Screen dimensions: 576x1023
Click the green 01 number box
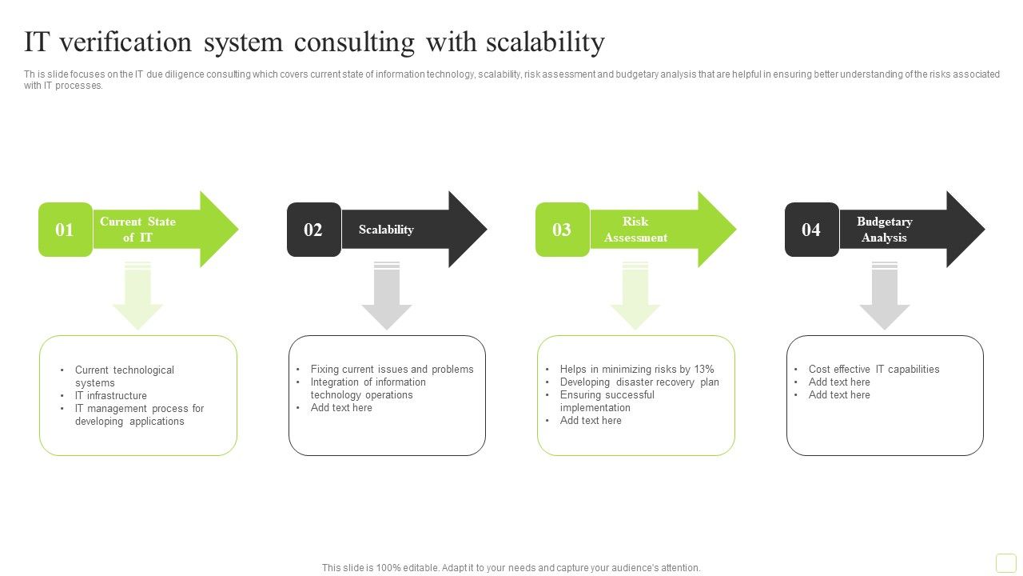(65, 230)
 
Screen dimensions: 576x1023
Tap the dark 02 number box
(313, 230)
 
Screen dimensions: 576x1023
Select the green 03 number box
(562, 230)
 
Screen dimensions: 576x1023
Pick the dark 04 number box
(811, 230)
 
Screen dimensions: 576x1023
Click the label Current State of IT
(137, 230)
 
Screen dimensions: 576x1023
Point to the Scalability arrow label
(386, 230)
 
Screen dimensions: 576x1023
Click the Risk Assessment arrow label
(635, 230)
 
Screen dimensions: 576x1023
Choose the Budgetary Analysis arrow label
(884, 230)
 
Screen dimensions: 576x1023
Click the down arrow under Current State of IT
(137, 298)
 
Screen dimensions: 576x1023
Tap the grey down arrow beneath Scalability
(387, 298)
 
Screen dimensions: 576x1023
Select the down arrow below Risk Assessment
(635, 298)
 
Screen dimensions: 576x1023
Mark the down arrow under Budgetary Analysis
(885, 298)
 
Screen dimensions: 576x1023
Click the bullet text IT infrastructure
(111, 396)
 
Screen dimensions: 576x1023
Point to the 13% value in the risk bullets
(703, 370)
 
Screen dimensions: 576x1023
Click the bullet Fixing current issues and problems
(392, 370)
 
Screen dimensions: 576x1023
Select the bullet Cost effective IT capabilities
(874, 370)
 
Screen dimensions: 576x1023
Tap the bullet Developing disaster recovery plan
(639, 382)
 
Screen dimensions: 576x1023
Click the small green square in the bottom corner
(1005, 562)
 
